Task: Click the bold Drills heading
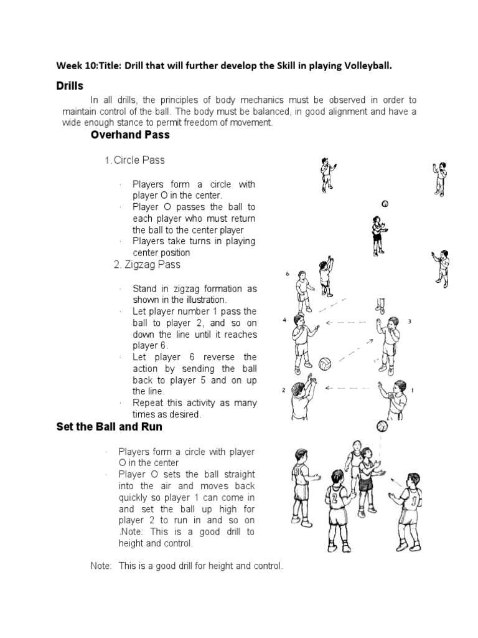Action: click(70, 85)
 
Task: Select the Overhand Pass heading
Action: click(129, 135)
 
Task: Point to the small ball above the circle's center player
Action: click(385, 204)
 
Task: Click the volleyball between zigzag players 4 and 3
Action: click(325, 363)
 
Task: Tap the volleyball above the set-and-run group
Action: click(382, 427)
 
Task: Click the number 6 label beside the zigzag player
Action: click(288, 274)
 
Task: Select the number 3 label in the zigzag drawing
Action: click(409, 321)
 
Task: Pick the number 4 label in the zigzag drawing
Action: click(284, 320)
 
